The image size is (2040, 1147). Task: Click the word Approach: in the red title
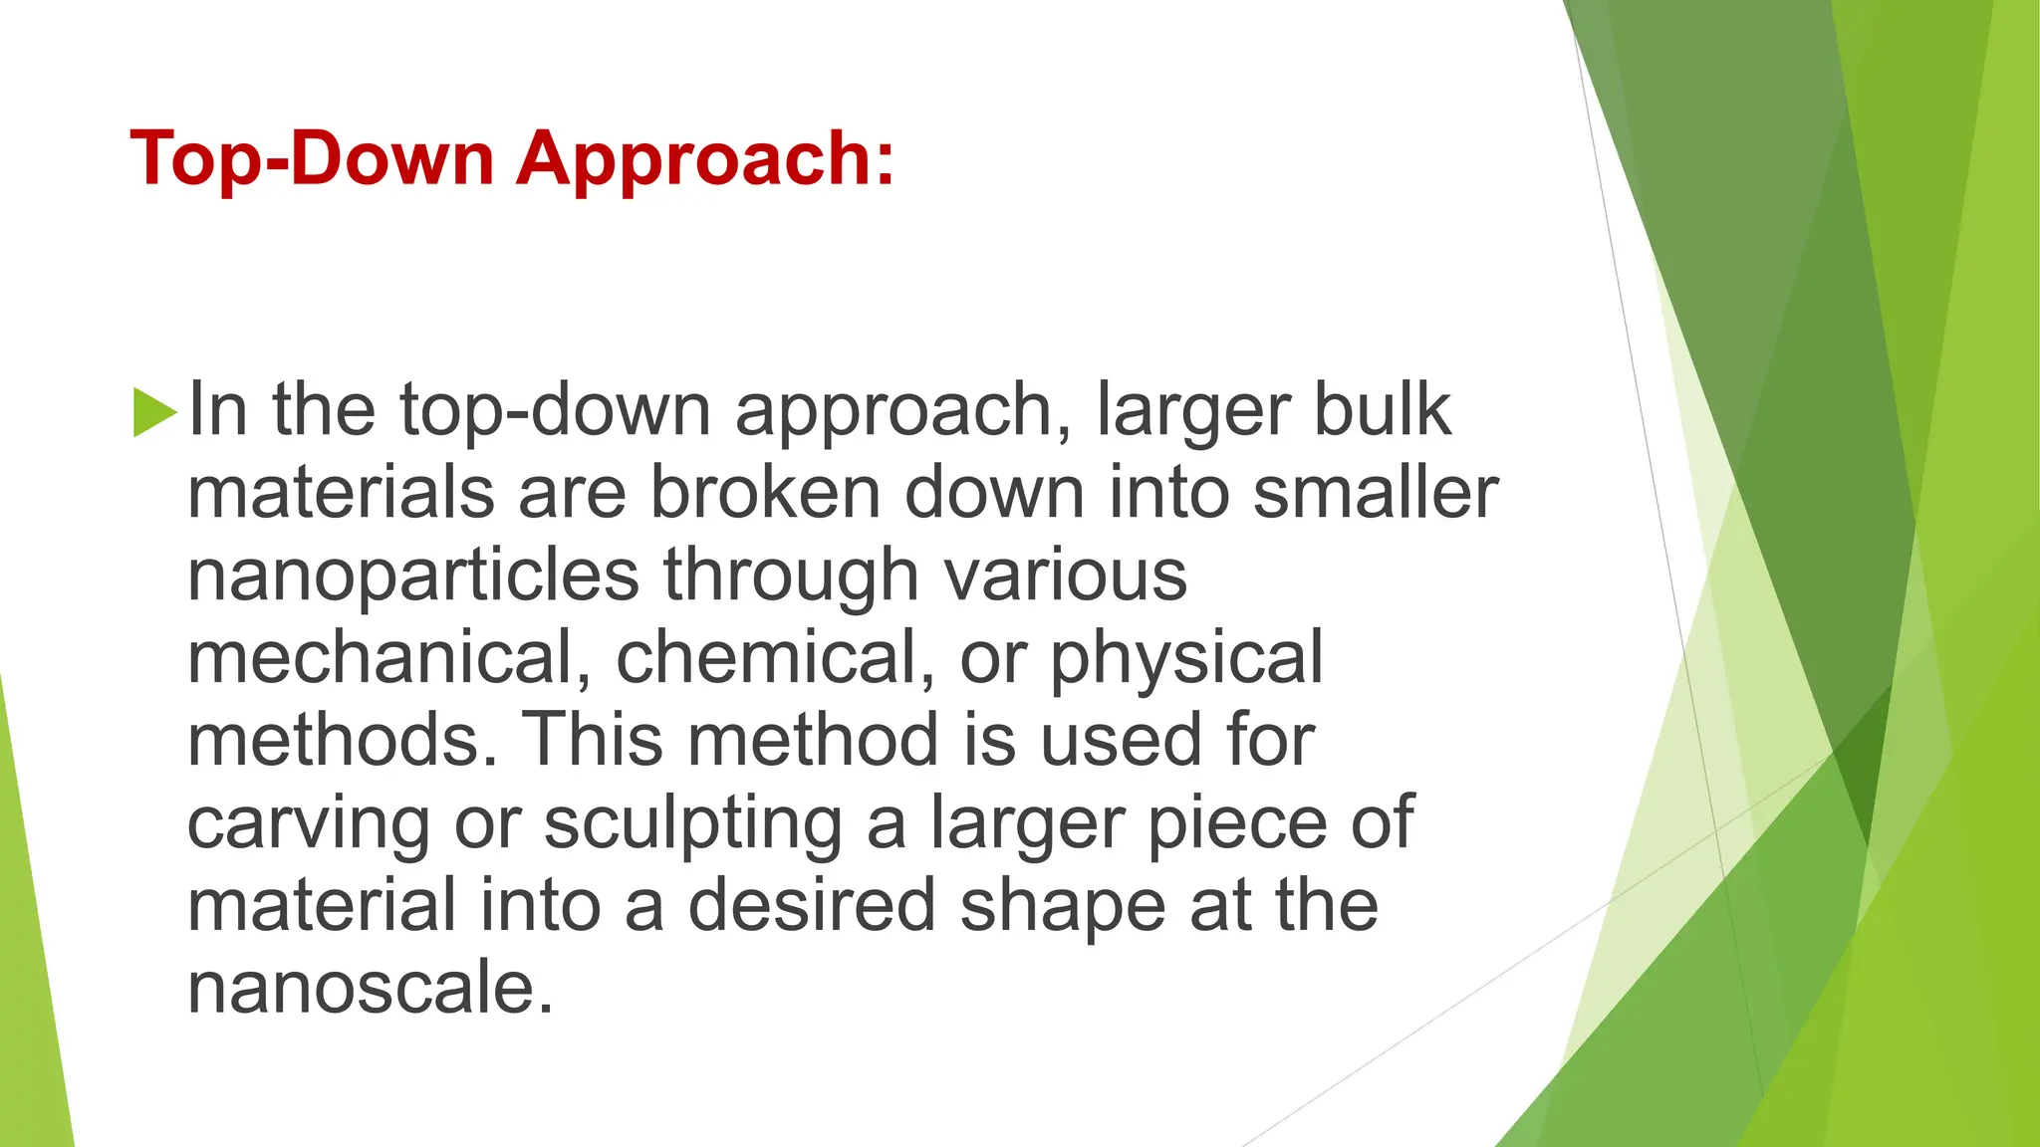pyautogui.click(x=705, y=159)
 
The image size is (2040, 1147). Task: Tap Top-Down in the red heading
pyautogui.click(x=312, y=159)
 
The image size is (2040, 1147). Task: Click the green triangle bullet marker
pyautogui.click(x=153, y=411)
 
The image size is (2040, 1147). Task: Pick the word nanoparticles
pyautogui.click(x=412, y=575)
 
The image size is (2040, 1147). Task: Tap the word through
pyautogui.click(x=792, y=575)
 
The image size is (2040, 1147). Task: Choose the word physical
pyautogui.click(x=1186, y=659)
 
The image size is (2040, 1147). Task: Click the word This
pyautogui.click(x=592, y=740)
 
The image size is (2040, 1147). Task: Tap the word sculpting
pyautogui.click(x=693, y=824)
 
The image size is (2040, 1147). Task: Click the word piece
pyautogui.click(x=1237, y=824)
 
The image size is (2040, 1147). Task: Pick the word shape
pyautogui.click(x=1062, y=907)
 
